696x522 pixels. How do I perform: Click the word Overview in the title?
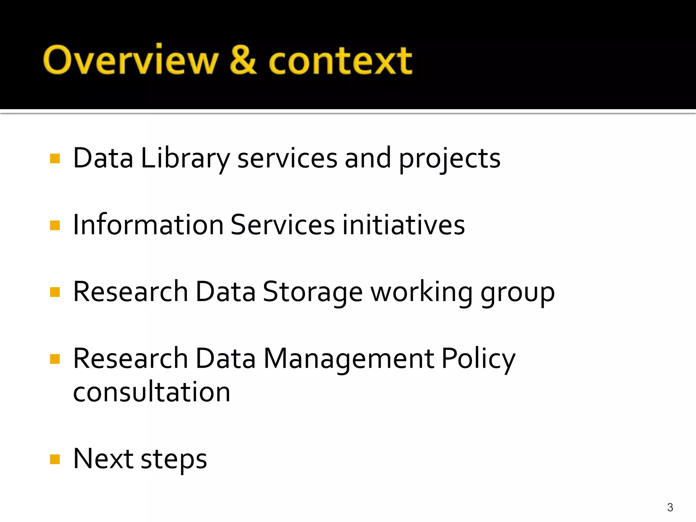pyautogui.click(x=130, y=60)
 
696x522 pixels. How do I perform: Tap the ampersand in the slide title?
pyautogui.click(x=243, y=60)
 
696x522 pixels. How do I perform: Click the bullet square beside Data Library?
pyautogui.click(x=55, y=159)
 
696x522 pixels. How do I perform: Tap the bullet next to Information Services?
pyautogui.click(x=55, y=225)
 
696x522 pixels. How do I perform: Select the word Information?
pyautogui.click(x=148, y=225)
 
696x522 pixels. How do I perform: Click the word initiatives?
pyautogui.click(x=403, y=225)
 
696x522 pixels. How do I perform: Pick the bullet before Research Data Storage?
pyautogui.click(x=55, y=292)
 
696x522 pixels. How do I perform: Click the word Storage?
pyautogui.click(x=313, y=292)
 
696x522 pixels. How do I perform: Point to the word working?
pyautogui.click(x=421, y=292)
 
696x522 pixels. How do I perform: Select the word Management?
pyautogui.click(x=349, y=359)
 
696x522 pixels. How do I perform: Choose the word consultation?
pyautogui.click(x=152, y=392)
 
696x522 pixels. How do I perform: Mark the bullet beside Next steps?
pyautogui.click(x=55, y=459)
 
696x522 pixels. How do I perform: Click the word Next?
pyautogui.click(x=103, y=459)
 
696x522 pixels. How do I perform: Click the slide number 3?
pyautogui.click(x=670, y=507)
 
